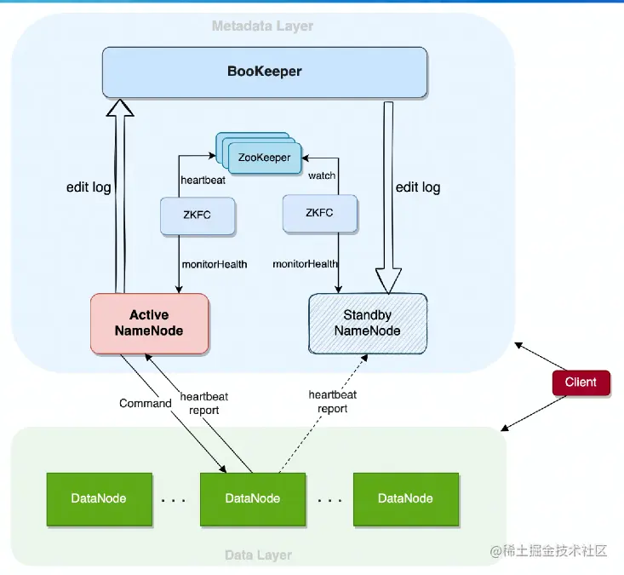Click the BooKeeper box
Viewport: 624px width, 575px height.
265,72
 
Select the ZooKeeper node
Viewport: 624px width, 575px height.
264,158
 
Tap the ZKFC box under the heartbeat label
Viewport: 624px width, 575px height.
198,215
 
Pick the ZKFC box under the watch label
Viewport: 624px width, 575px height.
319,213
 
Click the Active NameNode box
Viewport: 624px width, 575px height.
149,324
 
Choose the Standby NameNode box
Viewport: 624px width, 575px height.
367,323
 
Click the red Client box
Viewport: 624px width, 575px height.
581,382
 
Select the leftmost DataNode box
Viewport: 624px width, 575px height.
99,498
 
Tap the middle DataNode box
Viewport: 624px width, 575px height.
252,498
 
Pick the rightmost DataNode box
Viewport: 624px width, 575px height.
405,498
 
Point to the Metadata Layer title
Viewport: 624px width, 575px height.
262,26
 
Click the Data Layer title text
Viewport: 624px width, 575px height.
258,555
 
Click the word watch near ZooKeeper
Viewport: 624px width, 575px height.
322,175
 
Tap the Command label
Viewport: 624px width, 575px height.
145,403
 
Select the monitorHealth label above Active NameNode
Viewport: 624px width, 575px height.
214,264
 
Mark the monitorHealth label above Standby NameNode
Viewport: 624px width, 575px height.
305,264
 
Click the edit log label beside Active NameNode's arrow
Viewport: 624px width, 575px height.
89,187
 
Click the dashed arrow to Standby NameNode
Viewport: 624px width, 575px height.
323,409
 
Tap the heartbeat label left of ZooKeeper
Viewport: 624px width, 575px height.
202,181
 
